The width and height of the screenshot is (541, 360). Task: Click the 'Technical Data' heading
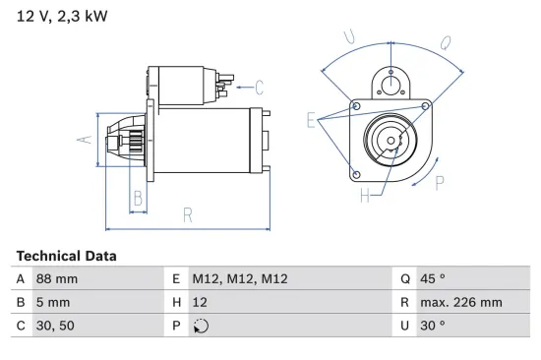66,256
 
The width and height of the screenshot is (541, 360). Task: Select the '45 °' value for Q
433,279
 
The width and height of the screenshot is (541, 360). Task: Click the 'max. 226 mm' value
459,302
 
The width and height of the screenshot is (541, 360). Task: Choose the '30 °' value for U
433,325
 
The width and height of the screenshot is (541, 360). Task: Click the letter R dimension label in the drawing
187,214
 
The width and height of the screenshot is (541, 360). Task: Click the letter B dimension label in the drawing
139,198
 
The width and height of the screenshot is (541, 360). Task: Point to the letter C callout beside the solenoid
259,86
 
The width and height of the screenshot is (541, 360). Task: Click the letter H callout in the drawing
364,195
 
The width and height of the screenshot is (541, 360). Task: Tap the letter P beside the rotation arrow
440,181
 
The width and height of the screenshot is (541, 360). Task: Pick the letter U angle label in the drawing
349,37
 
